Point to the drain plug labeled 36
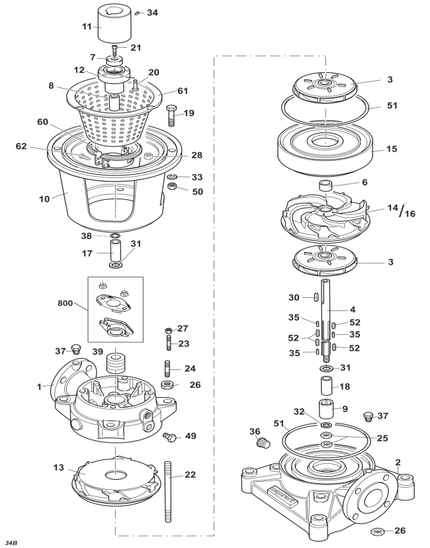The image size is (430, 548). click(263, 443)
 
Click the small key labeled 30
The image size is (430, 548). click(315, 297)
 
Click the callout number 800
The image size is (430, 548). click(65, 302)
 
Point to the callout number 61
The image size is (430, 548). click(183, 91)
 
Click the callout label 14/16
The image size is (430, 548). click(402, 210)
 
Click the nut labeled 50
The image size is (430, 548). click(172, 186)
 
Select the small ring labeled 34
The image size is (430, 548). click(138, 13)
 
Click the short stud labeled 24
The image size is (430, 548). click(167, 369)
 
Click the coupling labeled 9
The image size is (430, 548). click(325, 408)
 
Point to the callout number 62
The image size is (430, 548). click(21, 146)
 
